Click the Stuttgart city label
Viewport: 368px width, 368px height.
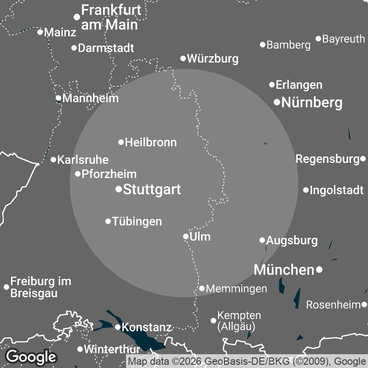pos(152,190)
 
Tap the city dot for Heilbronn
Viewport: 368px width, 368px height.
pos(121,142)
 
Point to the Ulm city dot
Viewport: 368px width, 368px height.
pos(186,237)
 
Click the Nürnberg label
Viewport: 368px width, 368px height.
pos(311,103)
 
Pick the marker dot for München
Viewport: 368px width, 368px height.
pos(319,269)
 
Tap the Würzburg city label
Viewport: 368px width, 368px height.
pos(213,59)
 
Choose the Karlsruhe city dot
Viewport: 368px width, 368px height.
pos(53,160)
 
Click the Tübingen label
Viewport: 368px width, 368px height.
pos(137,222)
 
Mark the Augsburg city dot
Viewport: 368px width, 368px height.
pos(262,240)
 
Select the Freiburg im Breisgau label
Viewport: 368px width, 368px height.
pos(40,287)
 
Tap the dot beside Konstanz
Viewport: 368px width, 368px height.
pos(118,327)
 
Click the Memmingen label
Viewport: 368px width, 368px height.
pos(236,289)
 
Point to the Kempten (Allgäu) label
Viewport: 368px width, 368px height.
pos(239,321)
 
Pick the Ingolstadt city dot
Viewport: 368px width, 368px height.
pos(306,190)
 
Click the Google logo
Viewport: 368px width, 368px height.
pos(31,356)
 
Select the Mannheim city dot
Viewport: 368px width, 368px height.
pos(58,98)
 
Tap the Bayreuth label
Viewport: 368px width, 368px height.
pos(343,39)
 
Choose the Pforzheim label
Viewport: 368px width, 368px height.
pos(109,174)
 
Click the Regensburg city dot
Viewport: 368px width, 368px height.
pos(363,159)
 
